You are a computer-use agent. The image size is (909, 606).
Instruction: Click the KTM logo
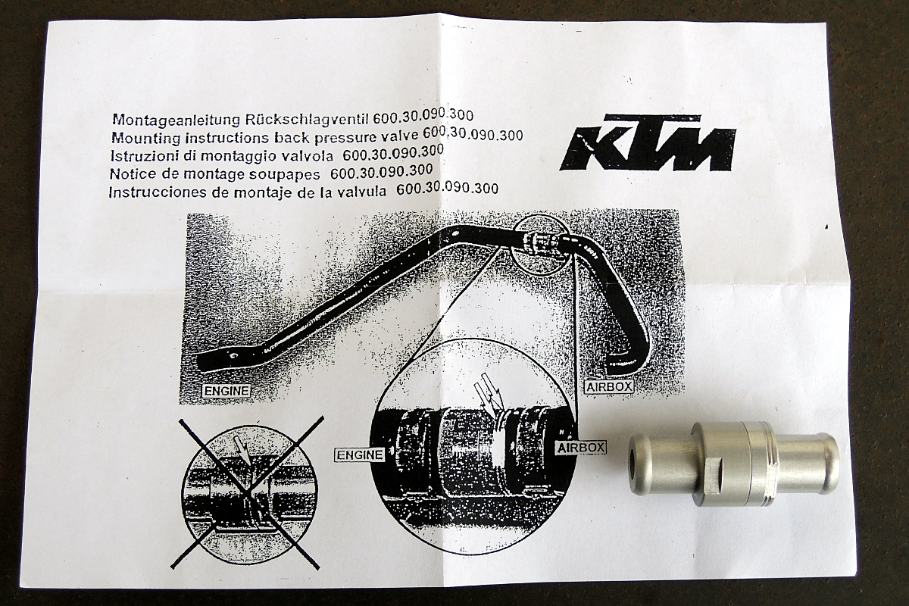click(647, 143)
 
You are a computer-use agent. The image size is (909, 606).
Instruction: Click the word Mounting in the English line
click(145, 138)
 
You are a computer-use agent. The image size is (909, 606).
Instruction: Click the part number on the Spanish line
click(447, 189)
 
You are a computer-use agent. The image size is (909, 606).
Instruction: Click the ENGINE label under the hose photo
click(226, 391)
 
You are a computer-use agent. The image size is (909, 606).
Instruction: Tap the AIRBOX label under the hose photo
click(609, 386)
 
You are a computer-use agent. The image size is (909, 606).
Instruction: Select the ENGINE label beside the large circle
click(360, 455)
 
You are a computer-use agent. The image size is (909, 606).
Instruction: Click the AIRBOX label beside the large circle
click(581, 448)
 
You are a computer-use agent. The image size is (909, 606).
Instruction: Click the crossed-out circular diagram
click(248, 491)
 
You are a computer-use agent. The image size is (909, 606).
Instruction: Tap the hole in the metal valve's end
click(636, 458)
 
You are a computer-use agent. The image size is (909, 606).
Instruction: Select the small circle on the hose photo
click(539, 245)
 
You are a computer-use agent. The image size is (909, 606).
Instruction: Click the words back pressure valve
click(344, 136)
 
